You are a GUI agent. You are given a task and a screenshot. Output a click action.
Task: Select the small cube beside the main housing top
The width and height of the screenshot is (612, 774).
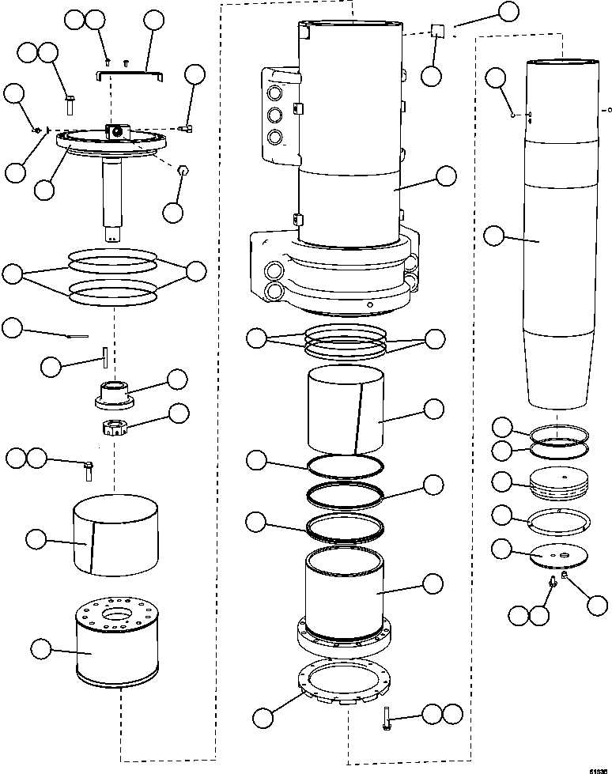(439, 32)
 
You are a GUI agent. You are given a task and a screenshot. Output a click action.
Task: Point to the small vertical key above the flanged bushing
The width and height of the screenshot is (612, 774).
(104, 356)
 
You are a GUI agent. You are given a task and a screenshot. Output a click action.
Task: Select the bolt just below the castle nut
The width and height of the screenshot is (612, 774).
(89, 470)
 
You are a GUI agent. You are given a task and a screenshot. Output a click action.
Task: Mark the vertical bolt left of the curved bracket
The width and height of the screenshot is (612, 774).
(68, 103)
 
